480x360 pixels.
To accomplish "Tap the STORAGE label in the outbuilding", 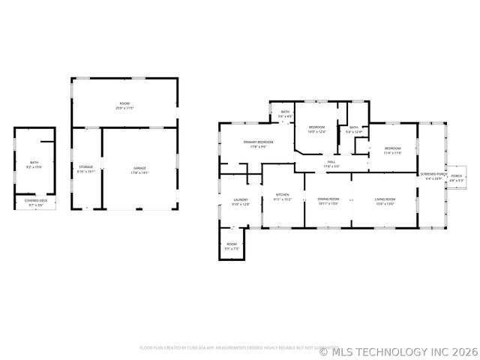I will [86, 166].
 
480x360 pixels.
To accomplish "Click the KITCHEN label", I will [282, 194].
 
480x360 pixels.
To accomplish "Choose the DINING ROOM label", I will [328, 199].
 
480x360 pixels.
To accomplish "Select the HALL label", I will [331, 161].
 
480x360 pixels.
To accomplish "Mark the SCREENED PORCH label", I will [433, 173].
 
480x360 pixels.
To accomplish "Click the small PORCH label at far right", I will [456, 177].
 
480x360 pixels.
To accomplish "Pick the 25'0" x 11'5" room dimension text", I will [124, 109].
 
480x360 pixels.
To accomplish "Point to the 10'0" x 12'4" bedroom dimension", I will [317, 132].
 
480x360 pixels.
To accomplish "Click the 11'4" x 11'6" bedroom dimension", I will [393, 153].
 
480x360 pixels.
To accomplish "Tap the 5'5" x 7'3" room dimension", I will [232, 248].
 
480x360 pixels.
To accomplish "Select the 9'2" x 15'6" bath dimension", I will [34, 166].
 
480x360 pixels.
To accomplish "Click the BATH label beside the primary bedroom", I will [285, 112].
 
